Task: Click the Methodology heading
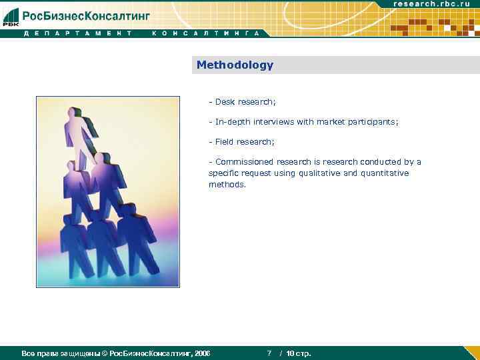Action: pos(235,65)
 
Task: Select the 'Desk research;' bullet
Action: pos(242,102)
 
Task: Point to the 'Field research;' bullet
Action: pos(241,142)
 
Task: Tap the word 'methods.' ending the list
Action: pos(227,185)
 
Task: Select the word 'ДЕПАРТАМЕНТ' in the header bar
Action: pos(72,33)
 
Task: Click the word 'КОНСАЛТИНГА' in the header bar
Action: pos(205,33)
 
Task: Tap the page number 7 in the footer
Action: pos(269,353)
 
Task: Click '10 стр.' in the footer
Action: pos(299,353)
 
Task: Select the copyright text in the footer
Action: pos(116,353)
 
